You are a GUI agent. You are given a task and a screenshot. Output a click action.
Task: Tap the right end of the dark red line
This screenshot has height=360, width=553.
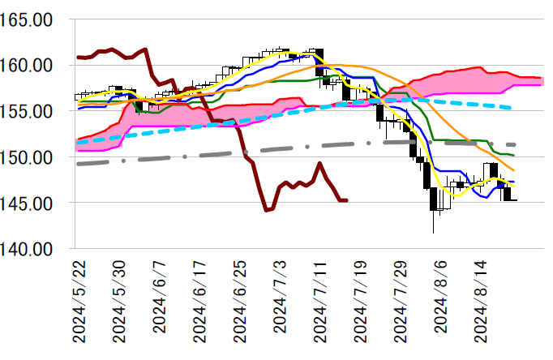(346, 200)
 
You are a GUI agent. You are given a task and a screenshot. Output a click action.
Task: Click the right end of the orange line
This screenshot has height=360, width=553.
(513, 169)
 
